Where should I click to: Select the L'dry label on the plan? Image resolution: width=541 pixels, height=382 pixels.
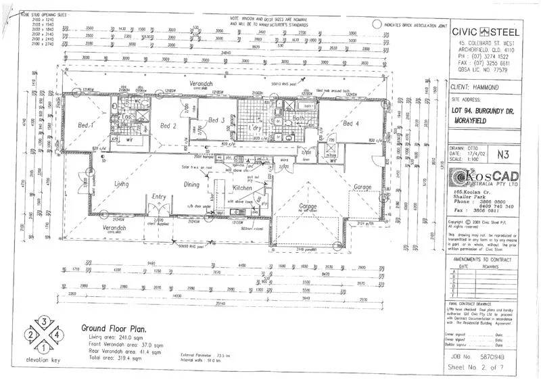coord(256,128)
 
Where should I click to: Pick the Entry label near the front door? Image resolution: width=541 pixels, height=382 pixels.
coord(159,197)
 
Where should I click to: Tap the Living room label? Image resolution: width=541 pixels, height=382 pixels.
coord(122,183)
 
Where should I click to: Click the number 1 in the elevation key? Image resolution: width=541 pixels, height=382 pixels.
coord(43,349)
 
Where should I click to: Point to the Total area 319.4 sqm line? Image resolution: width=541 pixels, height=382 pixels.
coord(112,358)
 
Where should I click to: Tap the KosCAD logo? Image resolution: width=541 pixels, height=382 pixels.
coord(482,178)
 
